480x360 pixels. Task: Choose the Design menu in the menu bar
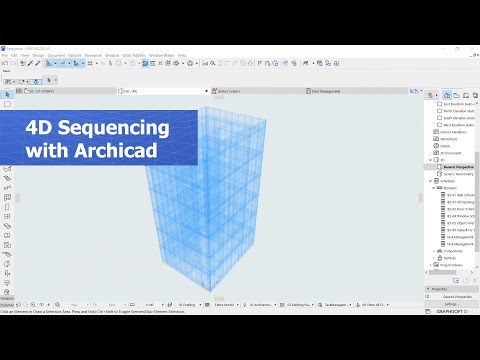coord(36,55)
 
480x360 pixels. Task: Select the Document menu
coord(56,55)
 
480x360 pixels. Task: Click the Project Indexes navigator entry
coord(456,264)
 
